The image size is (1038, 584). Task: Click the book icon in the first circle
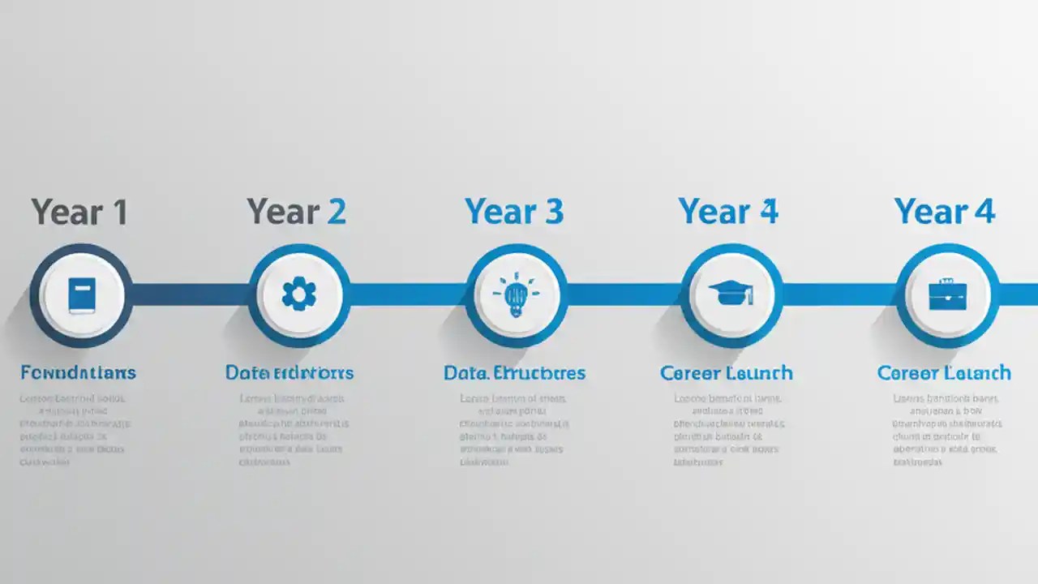pyautogui.click(x=82, y=295)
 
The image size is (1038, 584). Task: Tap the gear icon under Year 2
pyautogui.click(x=299, y=294)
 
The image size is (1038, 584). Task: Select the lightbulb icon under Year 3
pyautogui.click(x=516, y=295)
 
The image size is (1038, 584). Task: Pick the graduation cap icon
pyautogui.click(x=731, y=294)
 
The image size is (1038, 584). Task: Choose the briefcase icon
pyautogui.click(x=947, y=294)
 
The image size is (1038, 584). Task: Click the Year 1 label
pyautogui.click(x=79, y=212)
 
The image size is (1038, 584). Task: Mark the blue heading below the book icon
pyautogui.click(x=78, y=373)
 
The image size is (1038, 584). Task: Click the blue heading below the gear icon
pyautogui.click(x=290, y=373)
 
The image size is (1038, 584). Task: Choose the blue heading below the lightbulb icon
pyautogui.click(x=514, y=373)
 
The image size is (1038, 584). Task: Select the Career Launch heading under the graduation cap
pyautogui.click(x=727, y=373)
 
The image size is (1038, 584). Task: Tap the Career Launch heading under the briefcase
pyautogui.click(x=944, y=373)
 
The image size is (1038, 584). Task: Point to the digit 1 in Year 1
pyautogui.click(x=118, y=212)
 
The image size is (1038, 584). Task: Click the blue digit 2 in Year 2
pyautogui.click(x=336, y=212)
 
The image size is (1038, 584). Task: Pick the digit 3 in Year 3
pyautogui.click(x=553, y=212)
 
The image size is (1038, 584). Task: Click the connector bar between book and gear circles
pyautogui.click(x=191, y=294)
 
